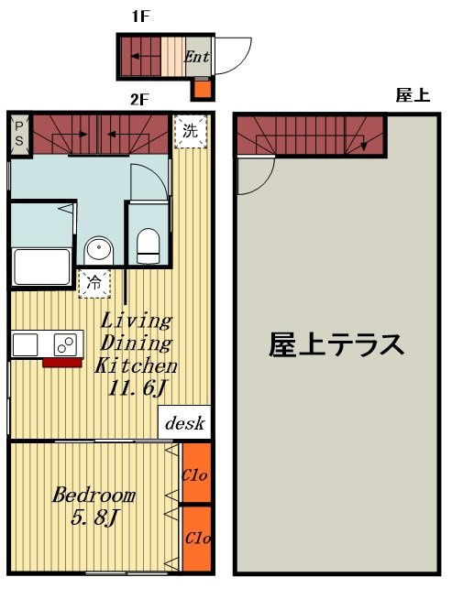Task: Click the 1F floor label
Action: [140, 16]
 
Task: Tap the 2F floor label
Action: [139, 100]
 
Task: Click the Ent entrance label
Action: [197, 57]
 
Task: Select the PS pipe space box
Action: [18, 134]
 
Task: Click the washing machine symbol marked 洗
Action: [191, 131]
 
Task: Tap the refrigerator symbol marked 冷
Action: [94, 283]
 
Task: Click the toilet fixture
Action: [148, 245]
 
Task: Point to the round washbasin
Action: [99, 250]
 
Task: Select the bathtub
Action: [41, 267]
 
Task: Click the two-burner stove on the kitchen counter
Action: [65, 344]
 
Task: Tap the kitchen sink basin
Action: [26, 344]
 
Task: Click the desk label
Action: [184, 423]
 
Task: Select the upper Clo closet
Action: [197, 473]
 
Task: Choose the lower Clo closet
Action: [197, 539]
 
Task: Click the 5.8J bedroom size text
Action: [94, 517]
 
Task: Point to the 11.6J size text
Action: [137, 388]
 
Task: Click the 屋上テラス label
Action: [336, 345]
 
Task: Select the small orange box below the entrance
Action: [203, 88]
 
